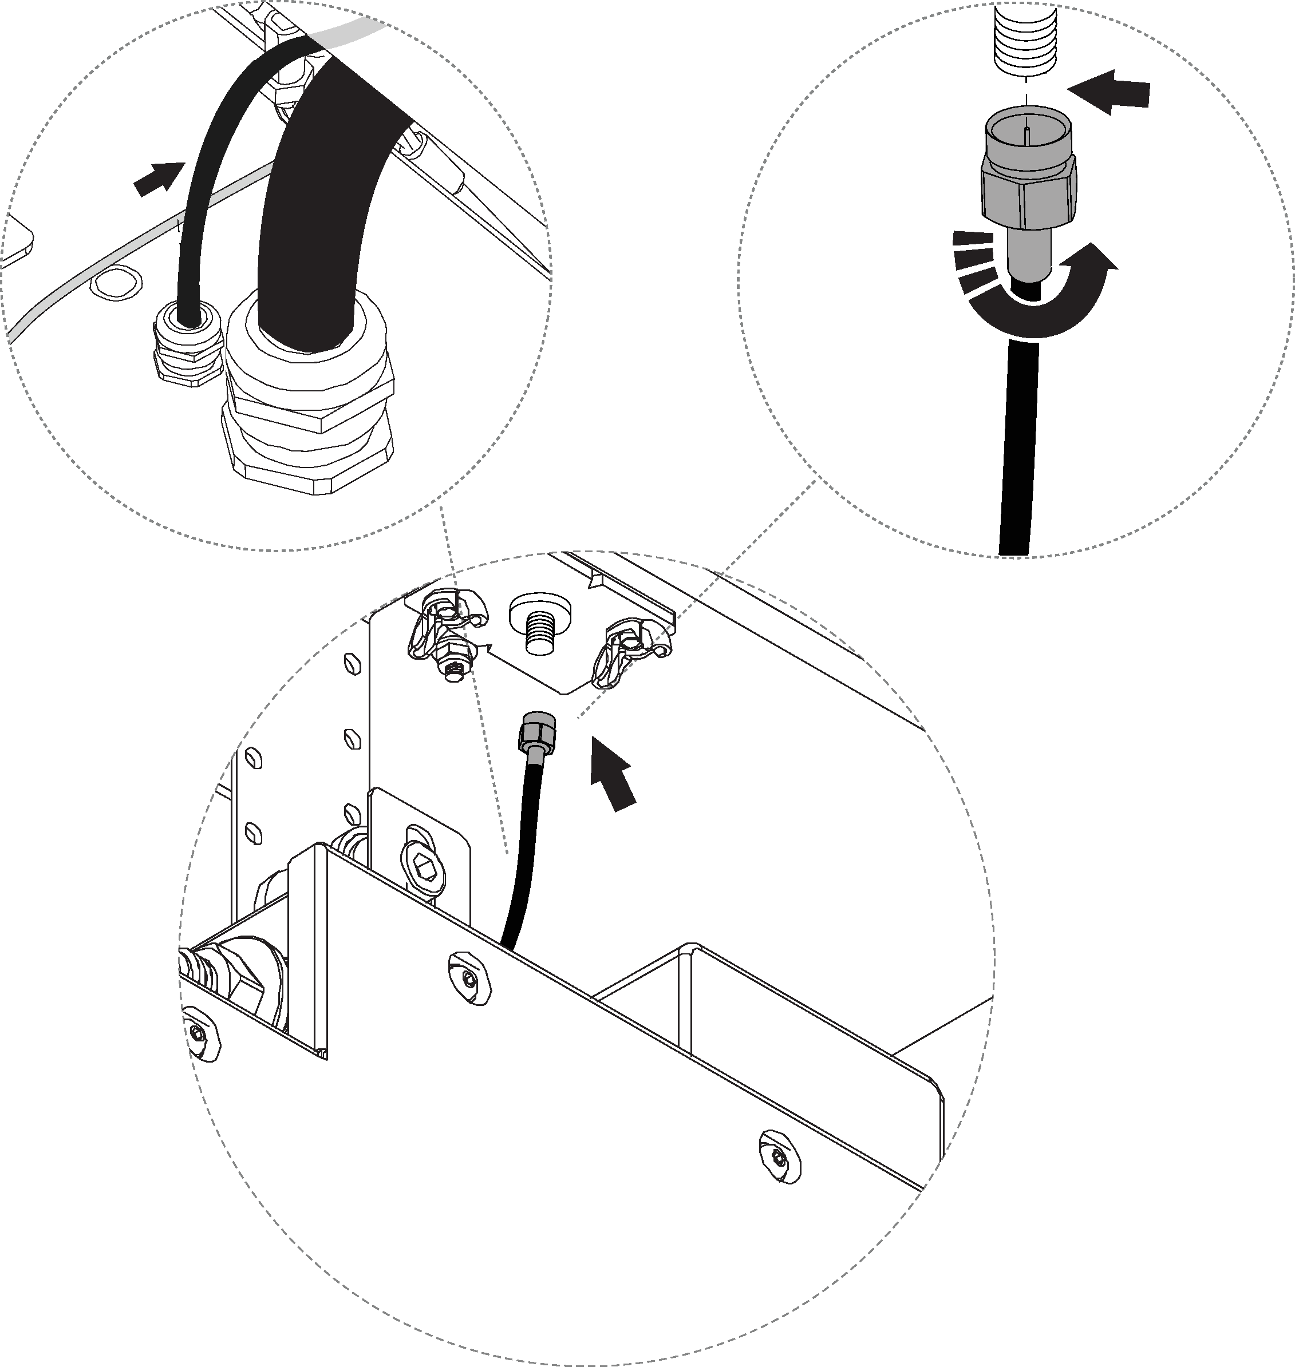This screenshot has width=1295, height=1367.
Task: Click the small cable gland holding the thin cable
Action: pyautogui.click(x=187, y=345)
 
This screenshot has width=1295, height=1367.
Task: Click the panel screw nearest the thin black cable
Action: pyautogui.click(x=470, y=978)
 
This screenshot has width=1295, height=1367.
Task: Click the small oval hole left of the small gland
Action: pyautogui.click(x=115, y=282)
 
